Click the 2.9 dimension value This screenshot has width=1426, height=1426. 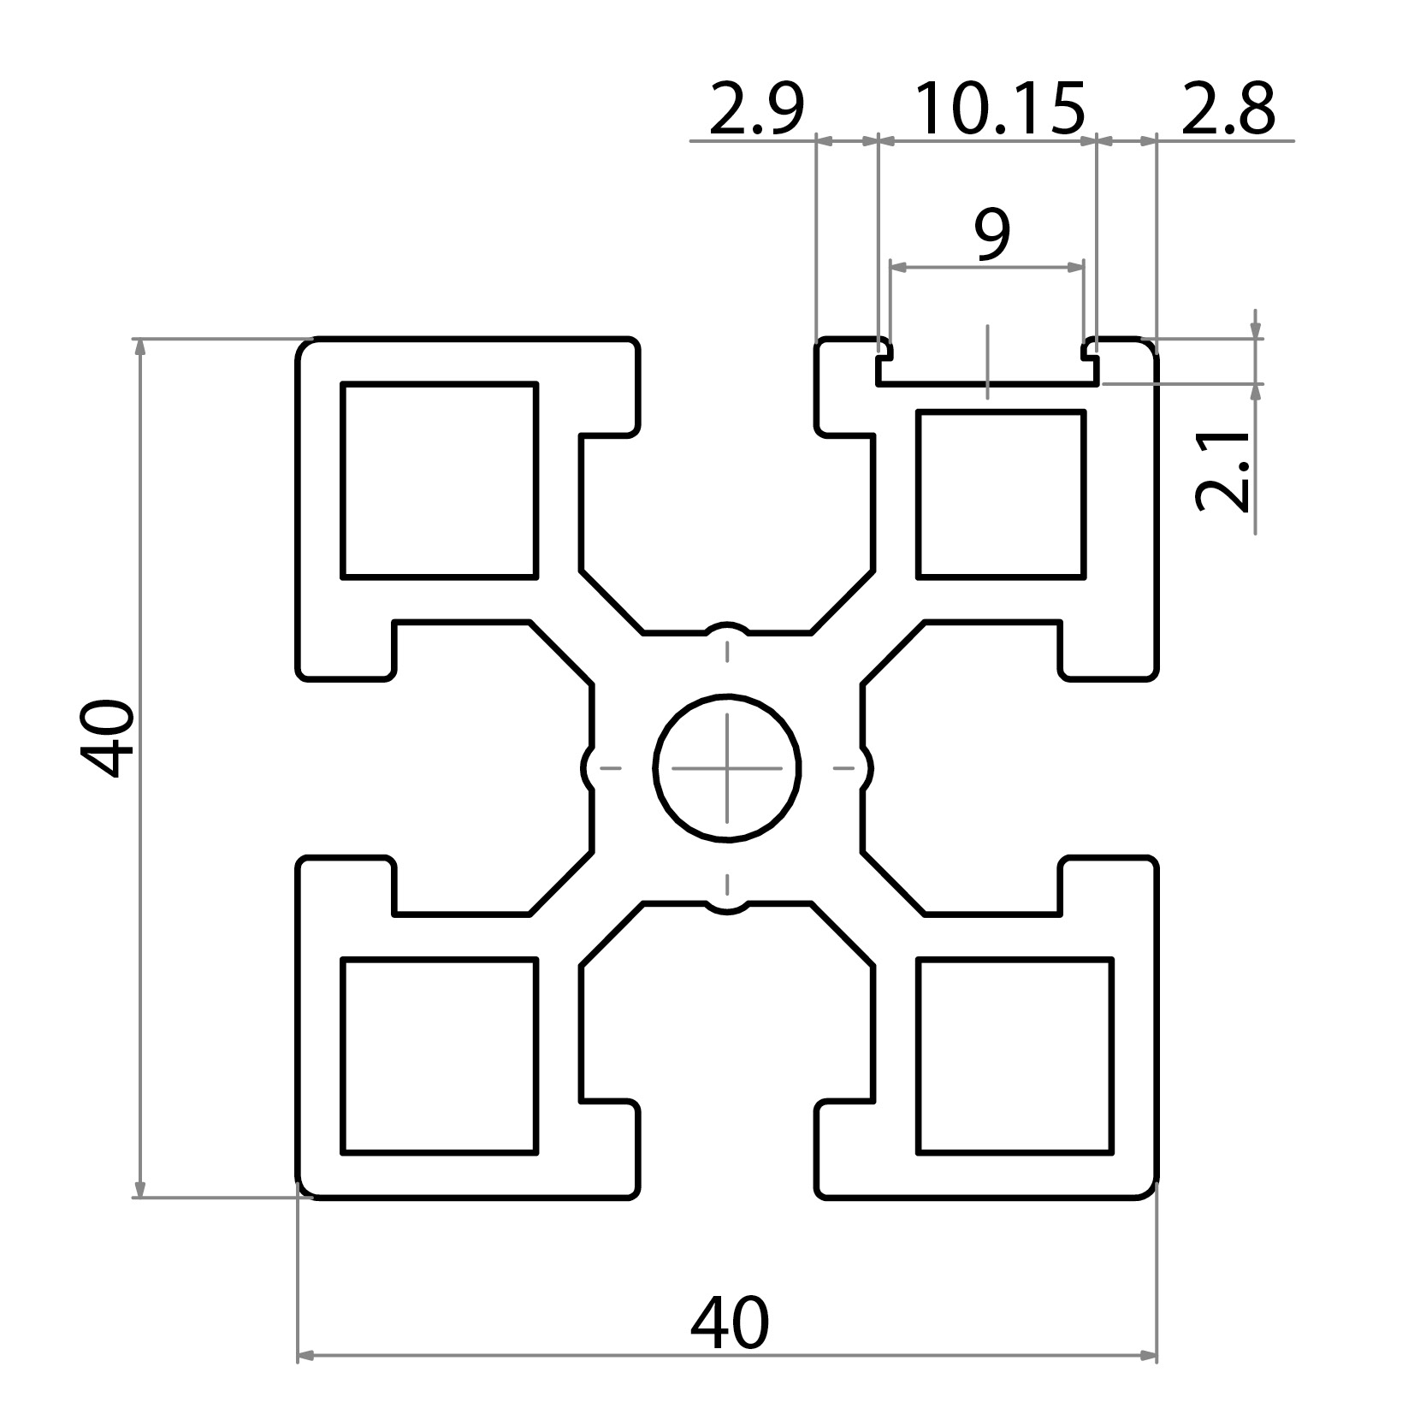coord(756,110)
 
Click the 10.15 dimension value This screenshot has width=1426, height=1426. coord(999,110)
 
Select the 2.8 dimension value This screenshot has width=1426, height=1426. coord(1228,110)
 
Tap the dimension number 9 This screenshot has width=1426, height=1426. coord(991,235)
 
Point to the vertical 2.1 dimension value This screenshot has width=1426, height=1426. coord(1222,470)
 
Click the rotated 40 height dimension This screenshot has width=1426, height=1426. coord(108,737)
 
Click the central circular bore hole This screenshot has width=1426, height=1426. coord(727,768)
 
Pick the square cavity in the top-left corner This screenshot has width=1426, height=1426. coord(439,481)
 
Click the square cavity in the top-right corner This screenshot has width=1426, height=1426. coord(1000,494)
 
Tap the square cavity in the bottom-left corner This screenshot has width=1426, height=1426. coord(439,1056)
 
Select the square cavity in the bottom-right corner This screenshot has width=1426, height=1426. coord(1015,1056)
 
